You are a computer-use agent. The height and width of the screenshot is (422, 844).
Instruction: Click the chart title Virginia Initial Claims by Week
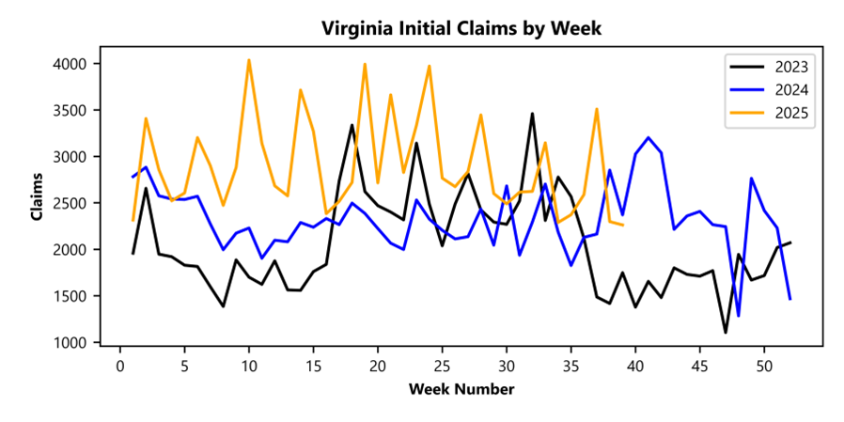tap(461, 28)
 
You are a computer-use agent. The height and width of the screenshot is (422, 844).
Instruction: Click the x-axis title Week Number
tap(461, 388)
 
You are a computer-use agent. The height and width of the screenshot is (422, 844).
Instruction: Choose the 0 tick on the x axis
tap(120, 365)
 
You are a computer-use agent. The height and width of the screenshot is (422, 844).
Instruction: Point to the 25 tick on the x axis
tap(442, 365)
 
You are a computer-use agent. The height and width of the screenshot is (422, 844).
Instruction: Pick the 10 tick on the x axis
tap(249, 365)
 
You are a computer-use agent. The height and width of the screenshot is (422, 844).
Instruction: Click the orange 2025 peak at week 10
tap(249, 60)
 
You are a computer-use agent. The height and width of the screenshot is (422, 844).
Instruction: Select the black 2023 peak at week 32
tap(532, 114)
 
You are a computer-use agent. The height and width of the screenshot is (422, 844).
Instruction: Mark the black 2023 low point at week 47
tap(726, 332)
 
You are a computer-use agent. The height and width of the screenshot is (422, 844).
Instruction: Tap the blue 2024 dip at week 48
tap(739, 316)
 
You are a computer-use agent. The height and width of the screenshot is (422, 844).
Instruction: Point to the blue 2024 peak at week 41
tap(649, 137)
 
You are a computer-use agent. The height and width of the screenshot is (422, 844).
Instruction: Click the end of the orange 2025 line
tap(622, 225)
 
